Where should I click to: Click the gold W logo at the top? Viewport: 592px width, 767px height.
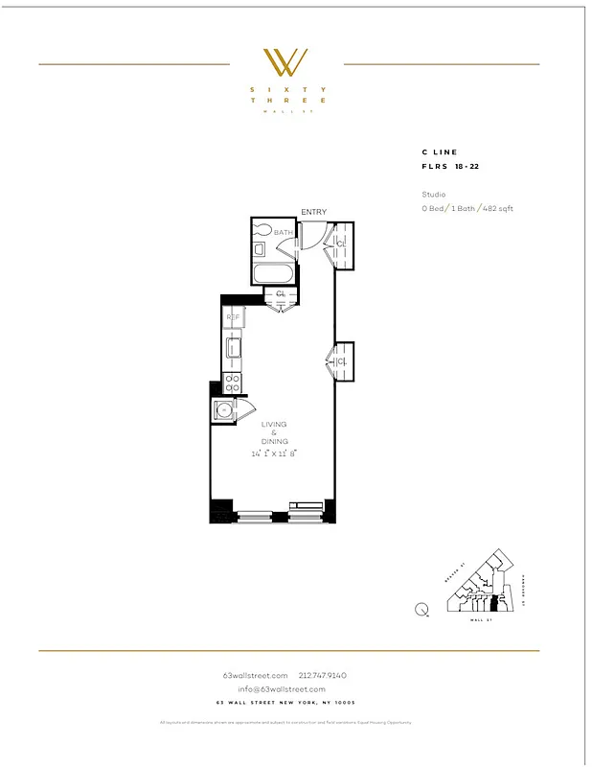[285, 62]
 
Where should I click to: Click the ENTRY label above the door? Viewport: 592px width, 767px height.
[313, 212]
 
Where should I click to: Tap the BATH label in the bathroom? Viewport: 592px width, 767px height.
[284, 233]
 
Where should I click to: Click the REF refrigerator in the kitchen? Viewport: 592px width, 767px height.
[232, 317]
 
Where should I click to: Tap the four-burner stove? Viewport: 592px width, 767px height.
[232, 383]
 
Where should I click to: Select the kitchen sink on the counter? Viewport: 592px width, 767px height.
[232, 346]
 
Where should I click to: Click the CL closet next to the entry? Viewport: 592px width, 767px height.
[342, 244]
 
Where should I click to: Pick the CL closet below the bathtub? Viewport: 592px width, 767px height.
[281, 294]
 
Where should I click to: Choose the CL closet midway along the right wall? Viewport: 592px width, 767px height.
[342, 361]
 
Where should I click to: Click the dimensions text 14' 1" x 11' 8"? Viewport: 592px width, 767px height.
[272, 453]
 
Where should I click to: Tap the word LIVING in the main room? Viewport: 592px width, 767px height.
[274, 424]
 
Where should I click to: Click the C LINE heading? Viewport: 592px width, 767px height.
[440, 151]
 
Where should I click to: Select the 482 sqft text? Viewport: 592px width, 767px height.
[498, 208]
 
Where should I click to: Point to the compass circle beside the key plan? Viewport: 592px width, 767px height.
[422, 608]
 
